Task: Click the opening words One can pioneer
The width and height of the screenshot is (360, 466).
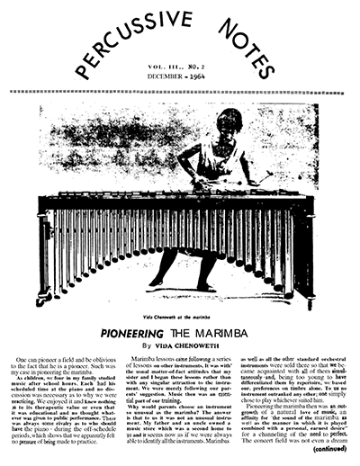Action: (40, 359)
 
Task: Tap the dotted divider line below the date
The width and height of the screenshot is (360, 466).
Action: (180, 91)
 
